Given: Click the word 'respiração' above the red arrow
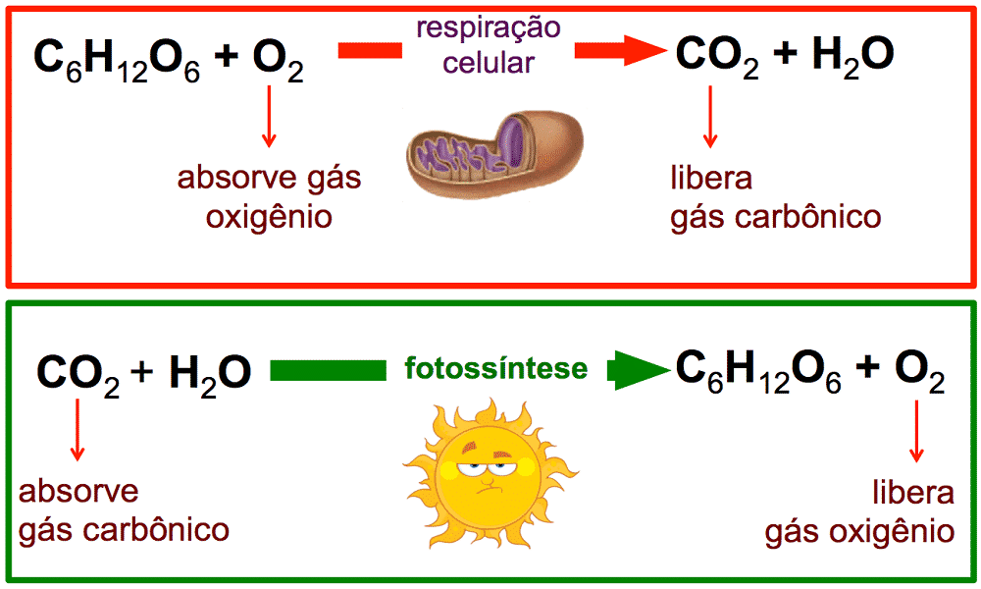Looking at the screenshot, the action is (489, 29).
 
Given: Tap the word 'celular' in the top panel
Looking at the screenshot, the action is (489, 63).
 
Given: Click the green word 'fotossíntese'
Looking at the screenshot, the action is (496, 368).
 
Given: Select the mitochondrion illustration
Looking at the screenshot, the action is (494, 154).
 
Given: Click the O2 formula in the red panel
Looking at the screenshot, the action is (279, 60).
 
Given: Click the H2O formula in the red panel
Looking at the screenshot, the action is (852, 58).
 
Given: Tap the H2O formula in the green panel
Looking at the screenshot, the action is (210, 376).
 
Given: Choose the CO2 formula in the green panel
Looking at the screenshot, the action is (78, 376).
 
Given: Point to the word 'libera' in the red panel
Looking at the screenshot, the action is (711, 178).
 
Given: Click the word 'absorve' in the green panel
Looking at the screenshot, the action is (78, 492).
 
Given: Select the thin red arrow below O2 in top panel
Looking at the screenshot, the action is (269, 117).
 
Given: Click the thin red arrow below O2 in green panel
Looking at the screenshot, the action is (916, 431).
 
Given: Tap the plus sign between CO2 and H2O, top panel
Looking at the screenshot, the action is (785, 54).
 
